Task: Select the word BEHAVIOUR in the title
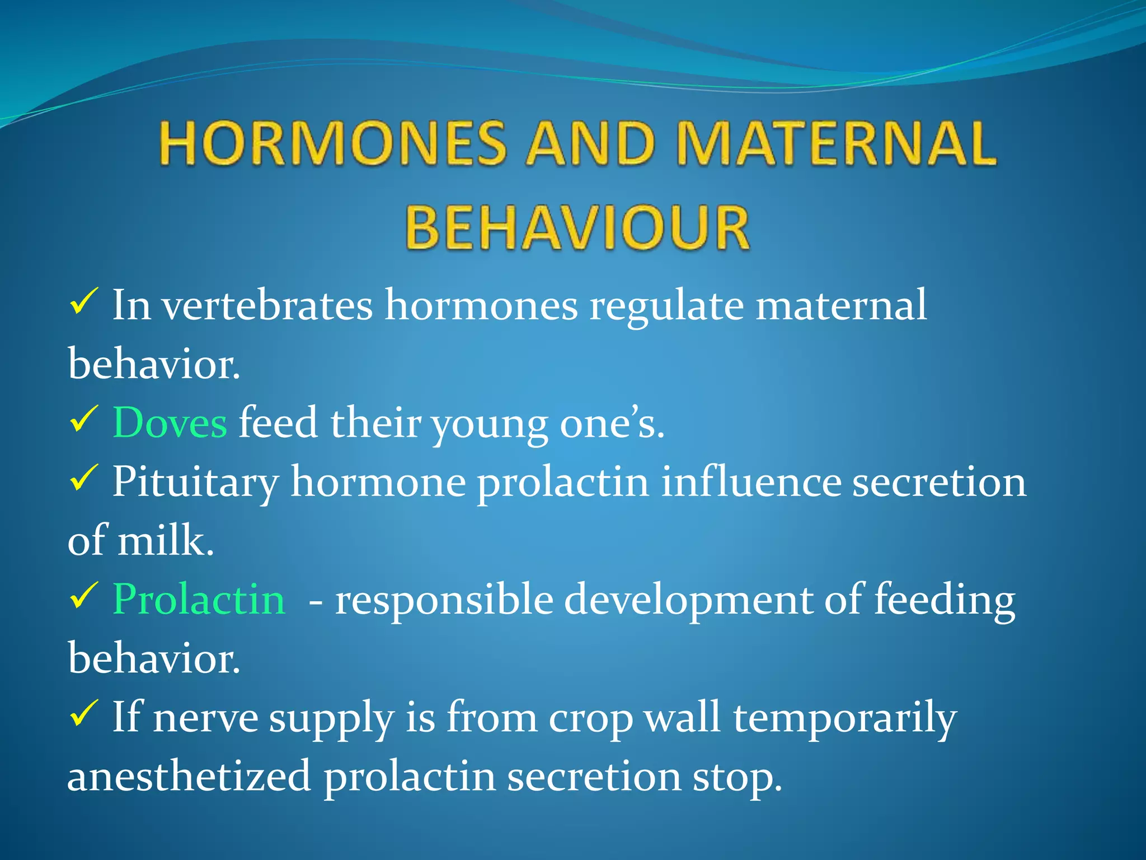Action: [x=577, y=228]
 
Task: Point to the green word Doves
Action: [x=170, y=423]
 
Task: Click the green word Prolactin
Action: [x=199, y=599]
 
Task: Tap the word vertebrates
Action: [x=267, y=305]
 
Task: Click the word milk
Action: [x=165, y=541]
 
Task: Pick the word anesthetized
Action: [x=189, y=777]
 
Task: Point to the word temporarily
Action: [x=845, y=718]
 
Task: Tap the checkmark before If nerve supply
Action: [x=84, y=713]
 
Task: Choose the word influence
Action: [x=751, y=482]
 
